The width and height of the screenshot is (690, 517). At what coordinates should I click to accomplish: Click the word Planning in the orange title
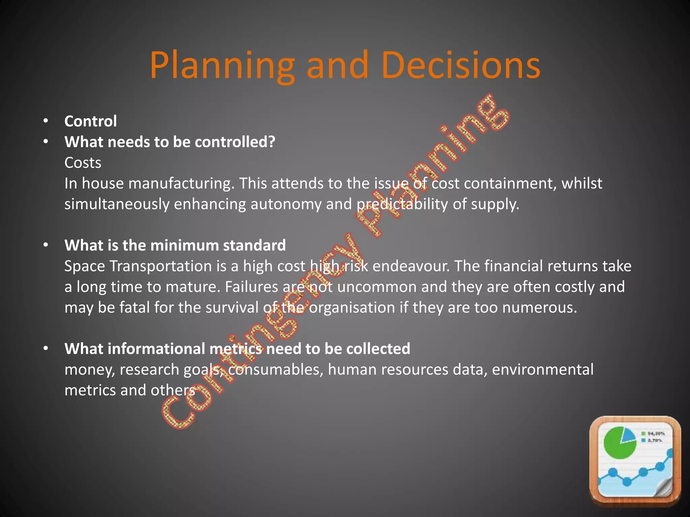click(x=222, y=66)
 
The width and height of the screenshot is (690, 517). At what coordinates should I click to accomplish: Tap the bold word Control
click(x=90, y=121)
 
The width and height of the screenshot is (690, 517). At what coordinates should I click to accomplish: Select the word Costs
click(x=83, y=163)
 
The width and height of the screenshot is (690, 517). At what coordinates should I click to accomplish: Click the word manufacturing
click(x=181, y=184)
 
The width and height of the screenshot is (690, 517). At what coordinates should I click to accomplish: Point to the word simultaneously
click(x=117, y=205)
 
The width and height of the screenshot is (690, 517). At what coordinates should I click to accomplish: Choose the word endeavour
click(x=411, y=266)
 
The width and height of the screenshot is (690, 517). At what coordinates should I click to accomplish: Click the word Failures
click(x=251, y=287)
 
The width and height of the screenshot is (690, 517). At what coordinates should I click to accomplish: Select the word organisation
click(x=352, y=308)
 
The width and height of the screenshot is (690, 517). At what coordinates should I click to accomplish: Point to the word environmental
click(x=542, y=370)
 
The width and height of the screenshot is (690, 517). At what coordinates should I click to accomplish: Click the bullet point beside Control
click(x=46, y=121)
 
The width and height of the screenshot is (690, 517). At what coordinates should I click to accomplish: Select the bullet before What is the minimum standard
click(x=46, y=245)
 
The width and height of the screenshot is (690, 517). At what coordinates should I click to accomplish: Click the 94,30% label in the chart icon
click(x=656, y=434)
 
